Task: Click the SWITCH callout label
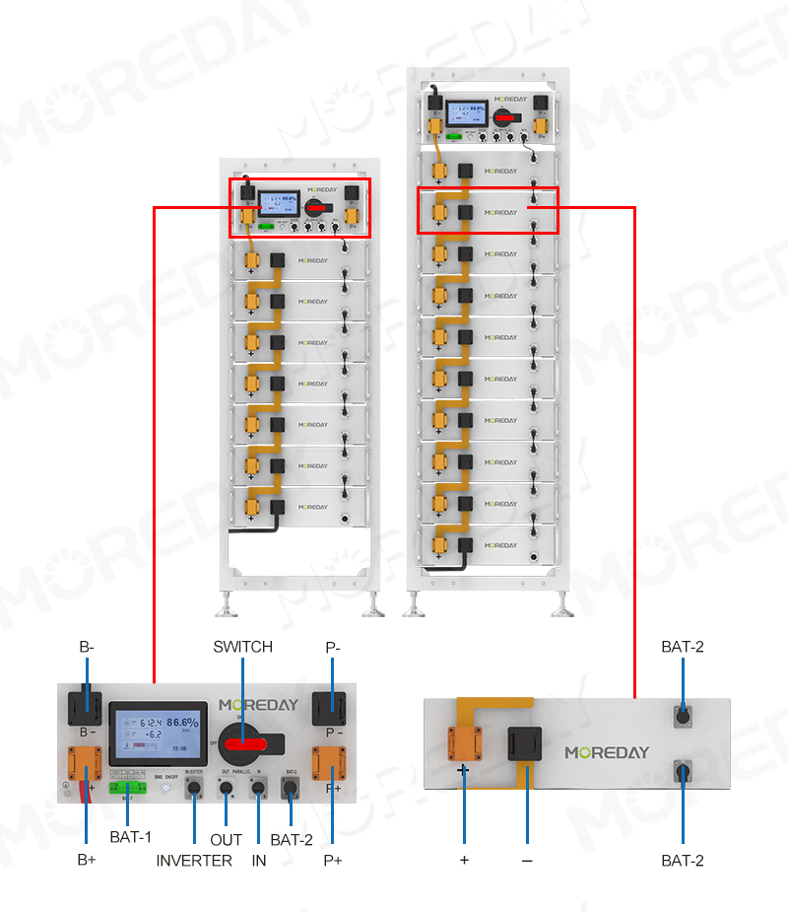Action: point(242,647)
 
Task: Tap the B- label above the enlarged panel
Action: point(87,647)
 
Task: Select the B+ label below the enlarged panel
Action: point(87,860)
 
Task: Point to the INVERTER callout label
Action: point(194,861)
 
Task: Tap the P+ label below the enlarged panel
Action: point(333,860)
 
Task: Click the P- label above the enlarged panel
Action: point(333,647)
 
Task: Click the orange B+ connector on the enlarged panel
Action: point(85,764)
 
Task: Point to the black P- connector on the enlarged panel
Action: point(329,712)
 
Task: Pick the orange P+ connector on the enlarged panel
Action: point(329,764)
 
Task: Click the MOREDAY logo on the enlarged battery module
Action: point(607,752)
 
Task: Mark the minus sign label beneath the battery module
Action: point(527,860)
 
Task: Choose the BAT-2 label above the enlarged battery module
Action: point(684,647)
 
